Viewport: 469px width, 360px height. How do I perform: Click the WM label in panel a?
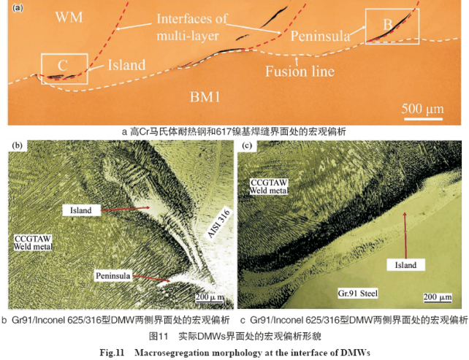[x=69, y=17]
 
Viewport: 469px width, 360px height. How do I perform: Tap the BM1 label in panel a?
[x=205, y=96]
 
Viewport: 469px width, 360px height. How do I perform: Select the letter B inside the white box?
[x=388, y=24]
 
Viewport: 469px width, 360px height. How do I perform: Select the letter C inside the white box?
[x=62, y=65]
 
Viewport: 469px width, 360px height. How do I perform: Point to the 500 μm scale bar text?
[x=422, y=109]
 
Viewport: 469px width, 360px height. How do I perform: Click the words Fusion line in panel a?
[x=300, y=72]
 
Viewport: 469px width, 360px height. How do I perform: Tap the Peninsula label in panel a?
[x=321, y=37]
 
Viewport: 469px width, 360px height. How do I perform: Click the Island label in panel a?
[x=126, y=65]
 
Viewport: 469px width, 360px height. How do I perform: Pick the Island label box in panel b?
[x=81, y=210]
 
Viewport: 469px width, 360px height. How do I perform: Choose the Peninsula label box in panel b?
[x=113, y=275]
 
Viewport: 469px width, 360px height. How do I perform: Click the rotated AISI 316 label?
[x=219, y=223]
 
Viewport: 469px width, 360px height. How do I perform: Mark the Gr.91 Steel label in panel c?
[x=358, y=294]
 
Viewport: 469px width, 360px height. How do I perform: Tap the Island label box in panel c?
[x=405, y=265]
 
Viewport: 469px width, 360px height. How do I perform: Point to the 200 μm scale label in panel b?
[x=210, y=297]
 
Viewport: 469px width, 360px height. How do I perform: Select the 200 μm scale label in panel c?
[x=438, y=297]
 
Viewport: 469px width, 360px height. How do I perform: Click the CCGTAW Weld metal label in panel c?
[x=269, y=186]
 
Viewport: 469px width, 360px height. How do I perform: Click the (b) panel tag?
[x=18, y=145]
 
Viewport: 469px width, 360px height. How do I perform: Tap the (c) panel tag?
[x=247, y=145]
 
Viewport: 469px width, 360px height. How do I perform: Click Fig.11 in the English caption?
[x=112, y=353]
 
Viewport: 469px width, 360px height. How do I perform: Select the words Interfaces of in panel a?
[x=192, y=19]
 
